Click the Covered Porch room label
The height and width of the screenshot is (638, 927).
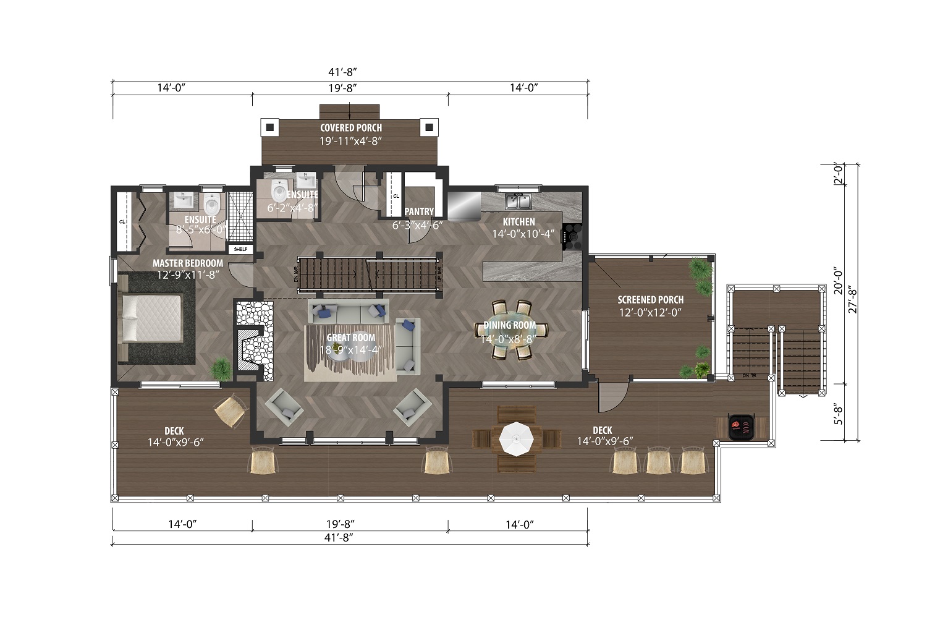click(350, 128)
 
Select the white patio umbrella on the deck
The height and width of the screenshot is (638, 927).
click(516, 438)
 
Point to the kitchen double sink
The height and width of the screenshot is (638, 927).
click(518, 201)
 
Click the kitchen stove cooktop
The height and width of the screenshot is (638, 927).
click(572, 236)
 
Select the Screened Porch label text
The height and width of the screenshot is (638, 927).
click(650, 300)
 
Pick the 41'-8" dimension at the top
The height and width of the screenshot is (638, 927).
click(350, 72)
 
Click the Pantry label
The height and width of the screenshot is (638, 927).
click(419, 211)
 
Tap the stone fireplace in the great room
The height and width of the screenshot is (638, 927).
click(253, 337)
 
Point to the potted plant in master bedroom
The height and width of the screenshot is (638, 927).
click(221, 370)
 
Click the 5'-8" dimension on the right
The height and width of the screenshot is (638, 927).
click(837, 413)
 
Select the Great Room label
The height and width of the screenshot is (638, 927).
click(350, 338)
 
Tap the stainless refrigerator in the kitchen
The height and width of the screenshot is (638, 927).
click(464, 206)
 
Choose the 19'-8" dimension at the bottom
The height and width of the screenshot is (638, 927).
click(350, 524)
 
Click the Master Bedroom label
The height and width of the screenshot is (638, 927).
click(188, 263)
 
